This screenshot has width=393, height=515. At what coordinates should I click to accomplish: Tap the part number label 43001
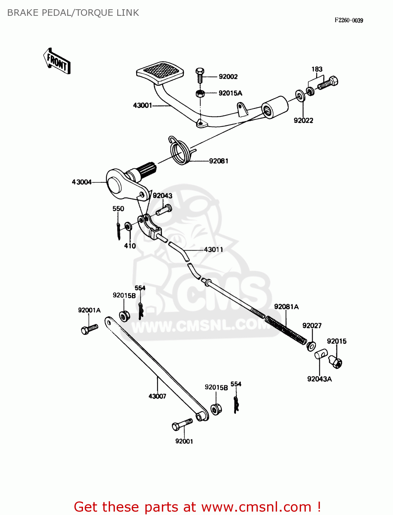(142, 105)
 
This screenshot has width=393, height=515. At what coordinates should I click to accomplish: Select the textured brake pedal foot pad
(160, 71)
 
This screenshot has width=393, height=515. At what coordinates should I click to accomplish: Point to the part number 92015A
(230, 93)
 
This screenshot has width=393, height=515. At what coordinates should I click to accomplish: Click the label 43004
(82, 182)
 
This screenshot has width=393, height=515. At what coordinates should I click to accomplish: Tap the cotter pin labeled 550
(118, 231)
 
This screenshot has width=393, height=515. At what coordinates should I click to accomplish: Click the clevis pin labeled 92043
(164, 209)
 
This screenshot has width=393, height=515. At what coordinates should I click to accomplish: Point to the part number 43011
(213, 250)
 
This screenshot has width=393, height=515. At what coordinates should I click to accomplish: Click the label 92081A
(286, 307)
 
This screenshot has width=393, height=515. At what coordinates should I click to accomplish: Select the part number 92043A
(319, 379)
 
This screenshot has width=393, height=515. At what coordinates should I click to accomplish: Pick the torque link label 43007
(157, 396)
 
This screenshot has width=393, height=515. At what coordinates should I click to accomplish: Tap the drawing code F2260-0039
(349, 20)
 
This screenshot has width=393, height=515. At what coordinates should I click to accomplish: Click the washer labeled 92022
(300, 95)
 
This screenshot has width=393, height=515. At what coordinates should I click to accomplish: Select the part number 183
(317, 69)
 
